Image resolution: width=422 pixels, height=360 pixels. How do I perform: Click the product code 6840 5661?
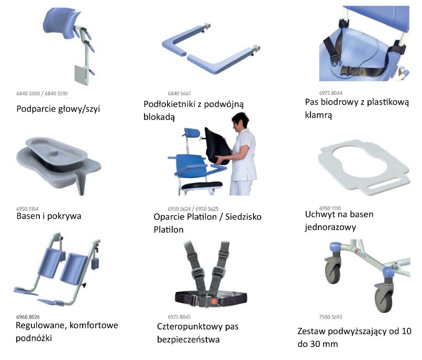coord(179,93)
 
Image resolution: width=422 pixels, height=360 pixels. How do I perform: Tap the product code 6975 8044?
coord(331,93)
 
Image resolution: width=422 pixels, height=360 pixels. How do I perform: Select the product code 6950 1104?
coord(27,209)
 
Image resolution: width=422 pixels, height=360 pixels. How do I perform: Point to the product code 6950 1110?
coord(330,208)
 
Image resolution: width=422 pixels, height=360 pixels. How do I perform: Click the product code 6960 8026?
coord(28,317)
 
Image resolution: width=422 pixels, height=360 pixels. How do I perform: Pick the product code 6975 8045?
coord(179,317)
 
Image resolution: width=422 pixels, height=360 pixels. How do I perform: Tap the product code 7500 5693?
coord(330,317)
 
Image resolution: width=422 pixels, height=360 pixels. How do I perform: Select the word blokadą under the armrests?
coord(159,117)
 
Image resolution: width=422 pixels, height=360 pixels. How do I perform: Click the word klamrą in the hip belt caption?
coord(318,115)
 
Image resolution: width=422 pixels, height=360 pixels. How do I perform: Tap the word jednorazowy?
coord(330,227)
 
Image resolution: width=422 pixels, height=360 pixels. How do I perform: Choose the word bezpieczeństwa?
coord(188,340)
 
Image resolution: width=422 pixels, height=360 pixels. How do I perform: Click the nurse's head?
coord(240,121)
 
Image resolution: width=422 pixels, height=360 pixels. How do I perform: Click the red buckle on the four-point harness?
coord(214,301)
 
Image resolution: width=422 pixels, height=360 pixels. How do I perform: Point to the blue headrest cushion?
coord(61,19)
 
